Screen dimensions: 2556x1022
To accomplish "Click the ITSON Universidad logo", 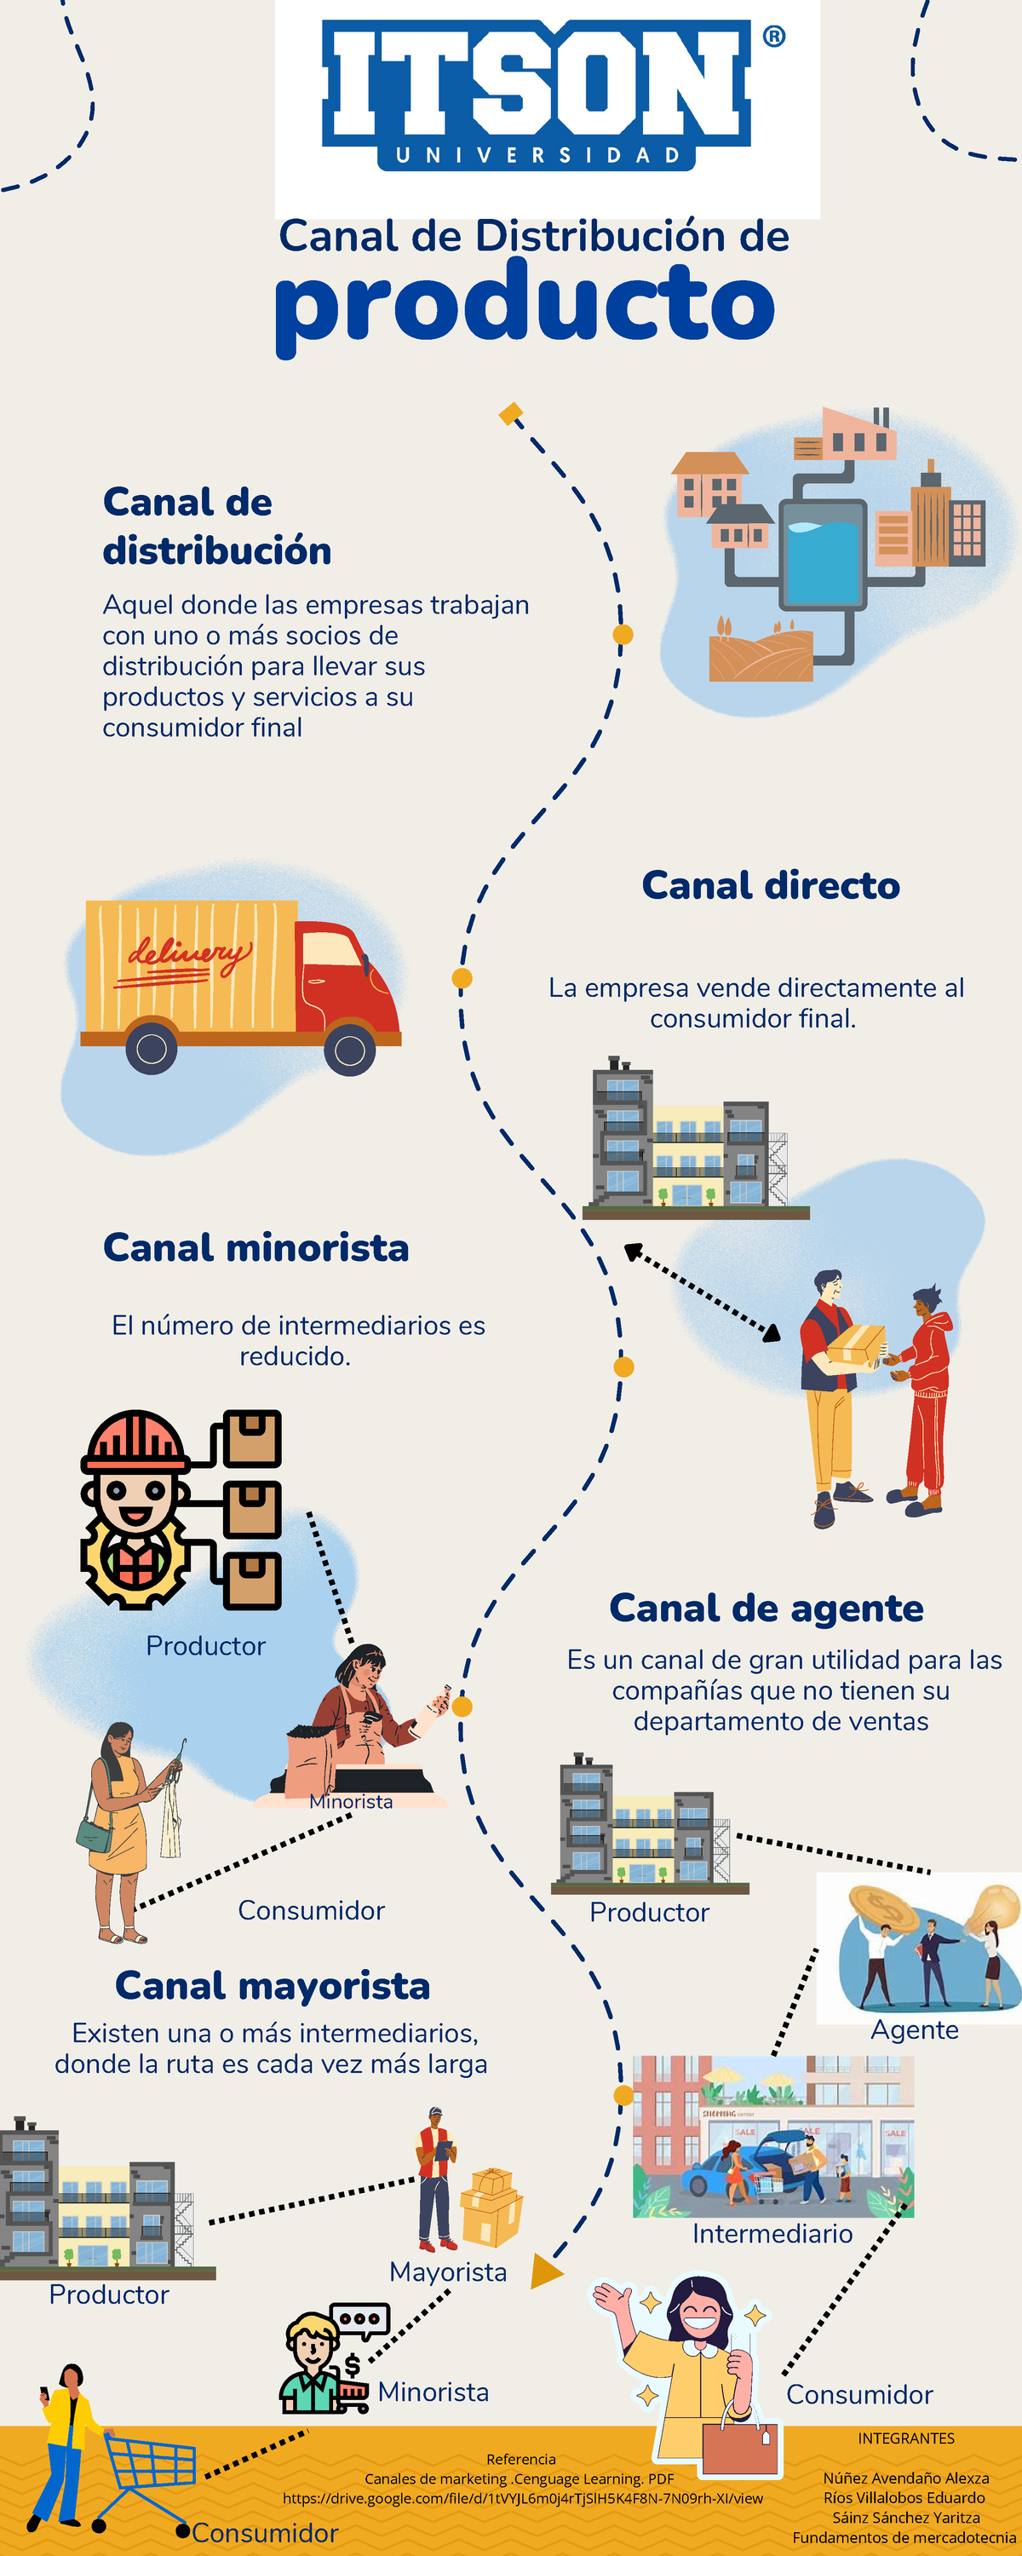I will tap(537, 95).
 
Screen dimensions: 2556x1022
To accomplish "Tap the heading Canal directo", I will tap(770, 885).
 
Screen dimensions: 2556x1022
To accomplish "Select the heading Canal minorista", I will tap(256, 1247).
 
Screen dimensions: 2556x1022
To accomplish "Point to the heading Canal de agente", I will tap(766, 1608).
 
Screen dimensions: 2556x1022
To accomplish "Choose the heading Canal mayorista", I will tap(273, 1985).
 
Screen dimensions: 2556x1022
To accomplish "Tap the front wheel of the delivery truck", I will tap(349, 1050).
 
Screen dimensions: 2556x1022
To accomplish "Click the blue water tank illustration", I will tap(822, 556).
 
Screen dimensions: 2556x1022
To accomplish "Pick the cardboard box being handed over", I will tap(855, 1345).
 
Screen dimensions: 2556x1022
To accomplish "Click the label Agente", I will tap(914, 2030).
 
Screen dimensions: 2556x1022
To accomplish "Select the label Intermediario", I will tap(772, 2234).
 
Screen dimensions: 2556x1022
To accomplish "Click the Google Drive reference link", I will tap(523, 2498).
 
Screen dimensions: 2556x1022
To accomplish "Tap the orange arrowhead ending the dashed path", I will tap(546, 2271).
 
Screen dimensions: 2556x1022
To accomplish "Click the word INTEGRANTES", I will tap(906, 2438).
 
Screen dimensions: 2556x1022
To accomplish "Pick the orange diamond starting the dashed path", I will tap(511, 414).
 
